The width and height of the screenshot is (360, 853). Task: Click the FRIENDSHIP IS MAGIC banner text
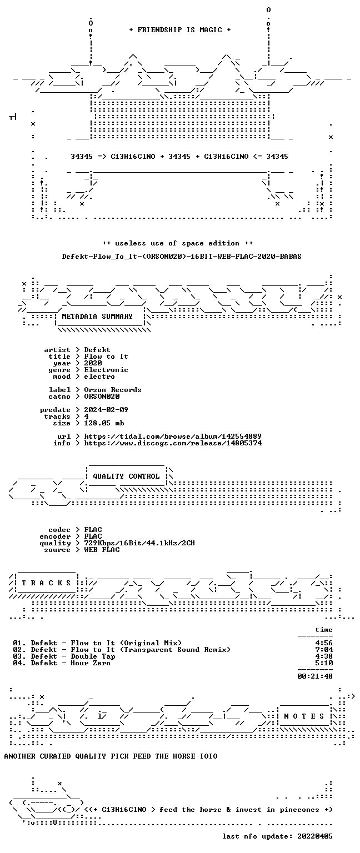click(180, 30)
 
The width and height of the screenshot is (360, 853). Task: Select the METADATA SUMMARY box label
click(97, 317)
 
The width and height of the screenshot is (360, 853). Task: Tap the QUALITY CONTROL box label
click(126, 476)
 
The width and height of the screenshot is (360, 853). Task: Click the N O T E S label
click(304, 716)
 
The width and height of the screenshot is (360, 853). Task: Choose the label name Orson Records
click(113, 390)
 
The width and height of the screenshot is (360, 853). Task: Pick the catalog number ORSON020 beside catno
click(102, 397)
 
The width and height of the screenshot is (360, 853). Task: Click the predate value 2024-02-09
click(106, 410)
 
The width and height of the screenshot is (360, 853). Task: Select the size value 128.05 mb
click(104, 423)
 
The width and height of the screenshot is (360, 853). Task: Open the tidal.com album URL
click(173, 436)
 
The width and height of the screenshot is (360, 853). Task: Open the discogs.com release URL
click(173, 443)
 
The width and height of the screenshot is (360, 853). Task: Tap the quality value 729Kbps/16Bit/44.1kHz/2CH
click(139, 543)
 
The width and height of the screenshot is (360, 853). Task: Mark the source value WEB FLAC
click(102, 550)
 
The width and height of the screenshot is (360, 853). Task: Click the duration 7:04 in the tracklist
click(324, 650)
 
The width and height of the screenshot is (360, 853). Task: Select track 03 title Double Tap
click(93, 656)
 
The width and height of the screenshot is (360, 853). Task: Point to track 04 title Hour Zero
click(91, 664)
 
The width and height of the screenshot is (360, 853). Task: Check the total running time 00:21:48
click(315, 677)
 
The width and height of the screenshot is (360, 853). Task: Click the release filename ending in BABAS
click(182, 257)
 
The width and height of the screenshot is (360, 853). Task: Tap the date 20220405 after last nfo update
click(315, 837)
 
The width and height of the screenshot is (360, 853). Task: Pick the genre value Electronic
click(106, 370)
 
